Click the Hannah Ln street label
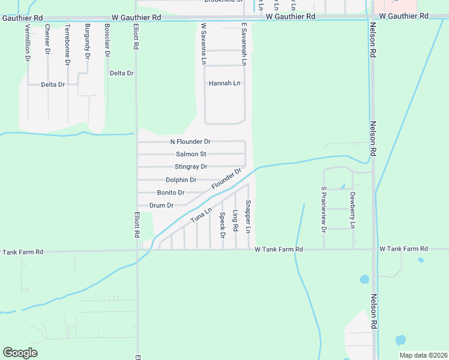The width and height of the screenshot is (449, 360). (224, 83)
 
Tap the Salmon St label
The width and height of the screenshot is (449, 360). (191, 154)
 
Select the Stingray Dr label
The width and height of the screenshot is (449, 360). (190, 167)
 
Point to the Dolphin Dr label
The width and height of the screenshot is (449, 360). (181, 180)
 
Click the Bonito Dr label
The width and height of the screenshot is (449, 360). (170, 193)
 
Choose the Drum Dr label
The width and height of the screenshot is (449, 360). (161, 205)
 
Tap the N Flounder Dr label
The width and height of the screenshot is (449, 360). (190, 142)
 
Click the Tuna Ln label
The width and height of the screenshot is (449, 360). (202, 216)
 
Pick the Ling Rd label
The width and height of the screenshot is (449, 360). (235, 221)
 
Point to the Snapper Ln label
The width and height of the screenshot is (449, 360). (248, 217)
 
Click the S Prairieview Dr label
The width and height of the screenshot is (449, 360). (324, 209)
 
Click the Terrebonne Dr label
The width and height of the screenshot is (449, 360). (67, 44)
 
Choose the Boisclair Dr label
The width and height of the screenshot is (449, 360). (107, 40)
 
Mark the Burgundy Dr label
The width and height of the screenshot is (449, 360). (87, 41)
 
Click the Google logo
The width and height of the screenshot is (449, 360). (20, 353)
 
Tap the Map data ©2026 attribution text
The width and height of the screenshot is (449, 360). (423, 355)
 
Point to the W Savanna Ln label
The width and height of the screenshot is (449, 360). (204, 44)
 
